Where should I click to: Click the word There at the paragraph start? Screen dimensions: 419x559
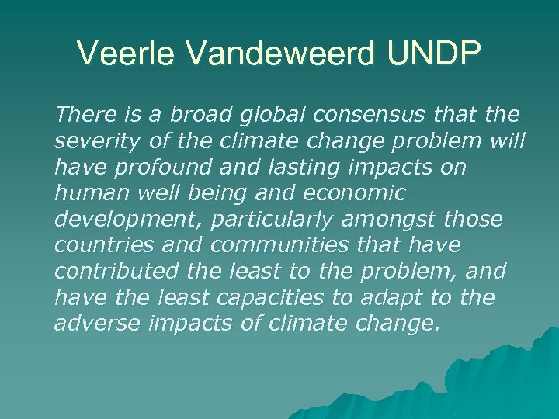pyautogui.click(x=85, y=115)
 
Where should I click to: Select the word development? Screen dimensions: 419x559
pyautogui.click(x=125, y=220)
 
